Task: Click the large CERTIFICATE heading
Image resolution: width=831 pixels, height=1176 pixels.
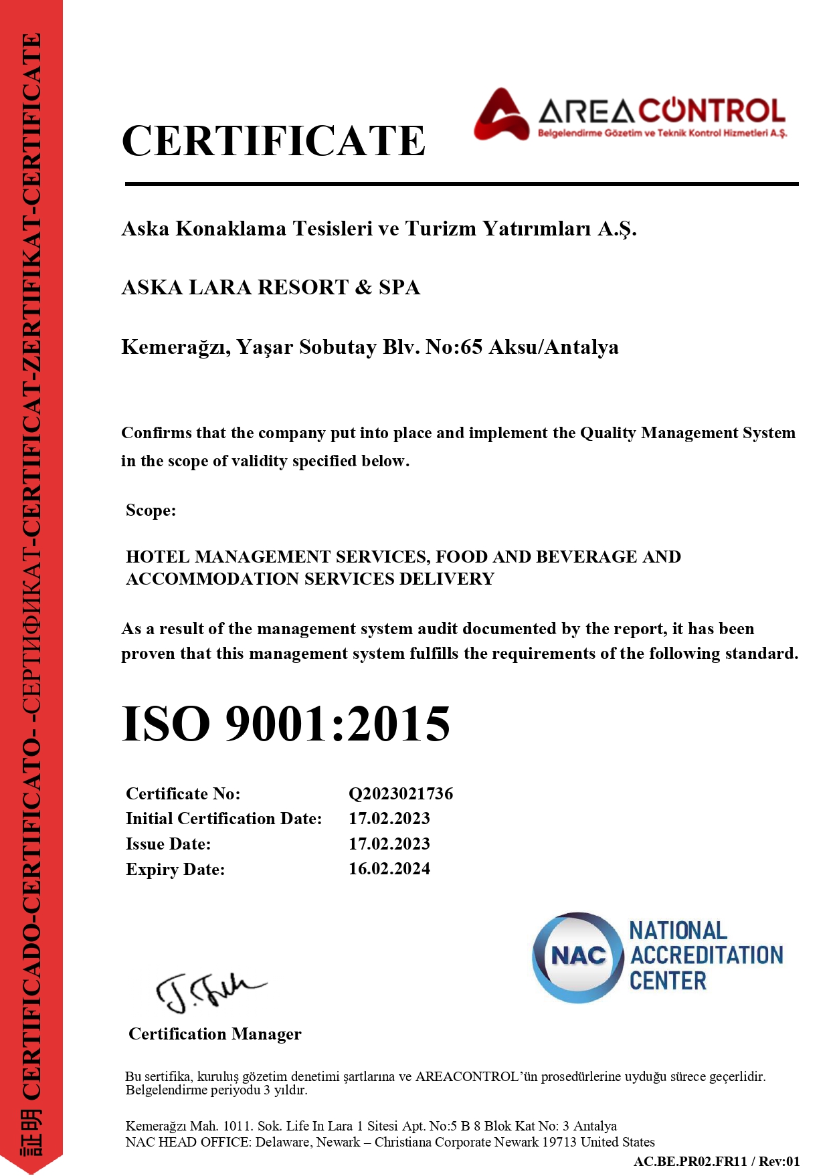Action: click(273, 141)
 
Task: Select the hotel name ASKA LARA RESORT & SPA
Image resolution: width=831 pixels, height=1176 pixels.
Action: click(270, 288)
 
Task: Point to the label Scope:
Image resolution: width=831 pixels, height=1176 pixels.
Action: click(151, 510)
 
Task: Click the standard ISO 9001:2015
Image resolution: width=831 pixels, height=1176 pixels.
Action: click(286, 724)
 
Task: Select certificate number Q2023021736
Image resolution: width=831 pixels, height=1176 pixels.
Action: click(400, 794)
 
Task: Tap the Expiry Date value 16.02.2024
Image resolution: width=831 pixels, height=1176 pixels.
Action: click(389, 869)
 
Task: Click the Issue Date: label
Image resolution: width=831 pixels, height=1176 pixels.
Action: click(168, 844)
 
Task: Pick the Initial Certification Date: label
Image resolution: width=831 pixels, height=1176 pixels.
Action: click(223, 819)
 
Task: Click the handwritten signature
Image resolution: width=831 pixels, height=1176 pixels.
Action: click(207, 991)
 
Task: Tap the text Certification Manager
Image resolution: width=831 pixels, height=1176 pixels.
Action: click(215, 1034)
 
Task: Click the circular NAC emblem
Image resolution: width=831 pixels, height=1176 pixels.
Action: click(577, 957)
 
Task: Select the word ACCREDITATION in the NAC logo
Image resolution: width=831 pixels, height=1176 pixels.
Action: click(706, 955)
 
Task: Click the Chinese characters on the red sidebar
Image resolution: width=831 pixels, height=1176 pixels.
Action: click(31, 1131)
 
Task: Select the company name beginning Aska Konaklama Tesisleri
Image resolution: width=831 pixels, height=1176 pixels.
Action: click(379, 229)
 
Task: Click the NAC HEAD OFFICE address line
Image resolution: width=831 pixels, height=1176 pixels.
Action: click(389, 1142)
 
